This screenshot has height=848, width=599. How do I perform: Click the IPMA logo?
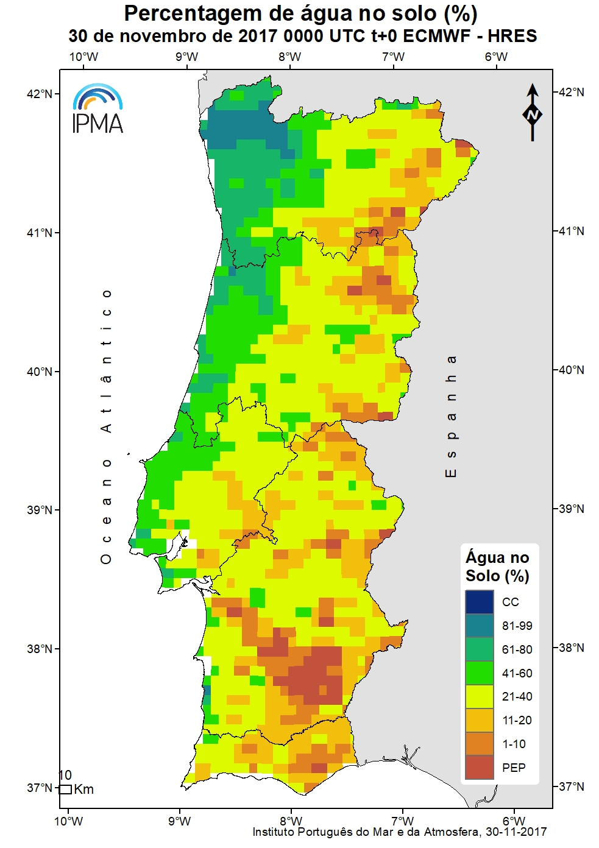[x=97, y=110]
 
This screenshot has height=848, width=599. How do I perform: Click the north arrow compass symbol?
[x=533, y=113]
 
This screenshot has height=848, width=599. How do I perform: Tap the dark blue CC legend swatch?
[x=479, y=602]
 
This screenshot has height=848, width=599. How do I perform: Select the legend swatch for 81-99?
[x=479, y=626]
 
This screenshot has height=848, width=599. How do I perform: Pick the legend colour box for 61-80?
[x=479, y=649]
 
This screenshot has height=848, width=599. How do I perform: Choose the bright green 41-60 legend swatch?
[x=479, y=673]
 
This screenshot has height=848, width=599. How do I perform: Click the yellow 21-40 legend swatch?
[x=479, y=696]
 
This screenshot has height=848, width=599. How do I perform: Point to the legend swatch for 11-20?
[x=479, y=720]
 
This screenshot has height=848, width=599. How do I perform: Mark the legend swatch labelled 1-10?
[x=479, y=744]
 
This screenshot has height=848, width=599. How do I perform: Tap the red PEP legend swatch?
[x=479, y=768]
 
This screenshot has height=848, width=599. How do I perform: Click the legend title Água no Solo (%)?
[x=497, y=567]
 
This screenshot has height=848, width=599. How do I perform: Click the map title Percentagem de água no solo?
[x=300, y=13]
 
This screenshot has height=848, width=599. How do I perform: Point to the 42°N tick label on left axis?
[x=40, y=94]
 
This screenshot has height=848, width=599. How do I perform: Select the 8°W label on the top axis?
[x=290, y=57]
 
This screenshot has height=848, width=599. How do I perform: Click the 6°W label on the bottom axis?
[x=514, y=821]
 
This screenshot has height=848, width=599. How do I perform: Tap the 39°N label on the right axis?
[x=571, y=509]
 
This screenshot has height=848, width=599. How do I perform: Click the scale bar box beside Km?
[x=65, y=790]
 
